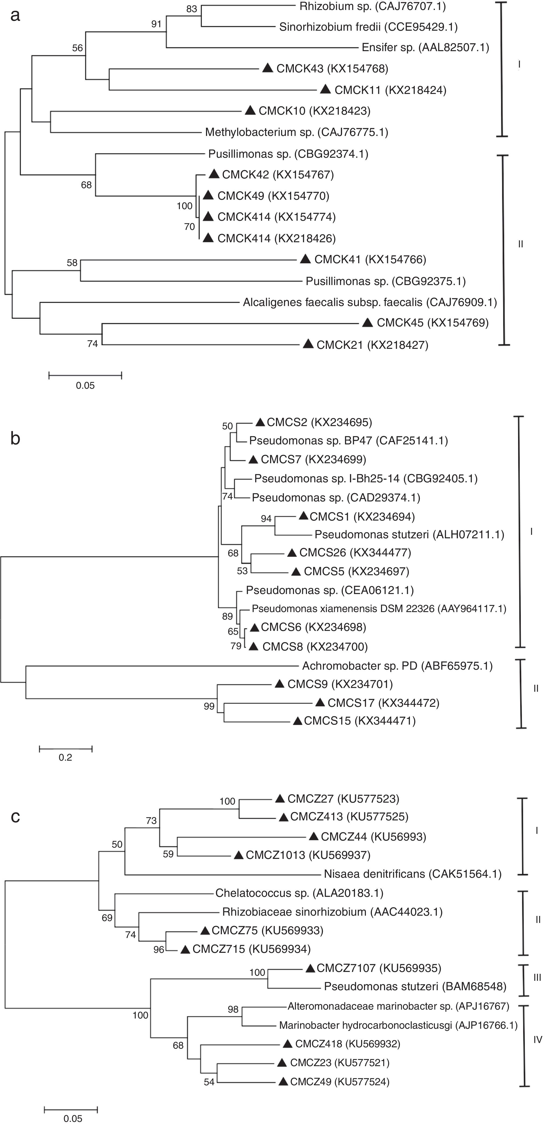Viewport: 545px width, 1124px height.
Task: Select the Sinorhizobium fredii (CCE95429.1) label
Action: click(x=368, y=27)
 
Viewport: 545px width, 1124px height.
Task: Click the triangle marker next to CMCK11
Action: click(x=326, y=89)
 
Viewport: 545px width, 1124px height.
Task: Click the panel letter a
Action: click(x=16, y=15)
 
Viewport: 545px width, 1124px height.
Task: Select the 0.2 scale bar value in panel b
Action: click(x=65, y=757)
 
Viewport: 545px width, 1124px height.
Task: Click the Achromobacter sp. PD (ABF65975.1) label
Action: click(x=397, y=666)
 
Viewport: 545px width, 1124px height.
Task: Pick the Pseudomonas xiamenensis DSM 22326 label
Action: click(x=379, y=609)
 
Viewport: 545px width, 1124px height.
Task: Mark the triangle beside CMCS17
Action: click(x=320, y=702)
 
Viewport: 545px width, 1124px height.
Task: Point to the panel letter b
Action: click(x=15, y=439)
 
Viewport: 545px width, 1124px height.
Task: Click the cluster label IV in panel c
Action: click(x=537, y=1040)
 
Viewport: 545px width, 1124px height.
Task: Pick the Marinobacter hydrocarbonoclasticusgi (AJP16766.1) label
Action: click(x=398, y=1025)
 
